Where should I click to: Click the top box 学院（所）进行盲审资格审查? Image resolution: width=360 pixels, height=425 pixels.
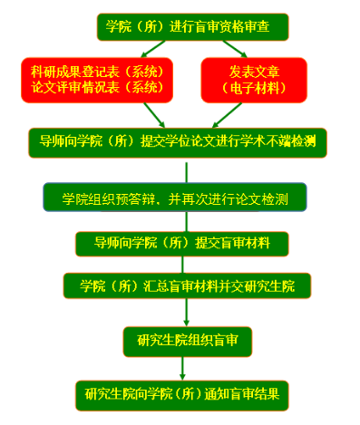(193, 26)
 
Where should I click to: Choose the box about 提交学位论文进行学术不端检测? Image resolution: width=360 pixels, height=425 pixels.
(177, 140)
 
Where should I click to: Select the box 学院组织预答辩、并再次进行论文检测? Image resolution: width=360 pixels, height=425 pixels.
(176, 198)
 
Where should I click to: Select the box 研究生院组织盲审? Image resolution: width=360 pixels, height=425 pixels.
(187, 341)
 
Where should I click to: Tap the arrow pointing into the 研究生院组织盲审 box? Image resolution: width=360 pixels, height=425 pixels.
(187, 314)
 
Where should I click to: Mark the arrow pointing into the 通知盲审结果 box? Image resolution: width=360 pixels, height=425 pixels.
(184, 367)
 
